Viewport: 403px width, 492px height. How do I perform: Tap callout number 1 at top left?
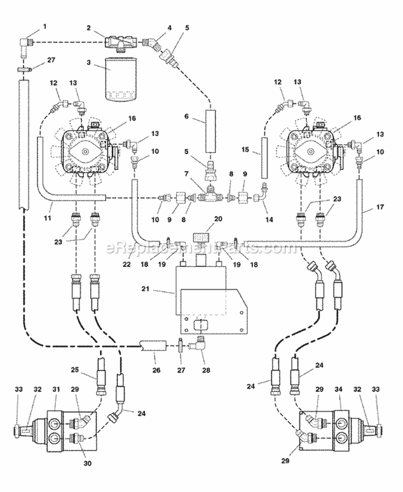click(x=45, y=26)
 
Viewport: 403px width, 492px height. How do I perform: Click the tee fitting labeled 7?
click(x=210, y=196)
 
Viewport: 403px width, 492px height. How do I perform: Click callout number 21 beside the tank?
click(x=146, y=288)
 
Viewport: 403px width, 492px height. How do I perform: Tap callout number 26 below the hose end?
click(x=156, y=370)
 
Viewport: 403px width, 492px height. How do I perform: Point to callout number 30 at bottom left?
click(x=88, y=463)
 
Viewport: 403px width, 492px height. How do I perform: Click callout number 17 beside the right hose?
click(x=380, y=207)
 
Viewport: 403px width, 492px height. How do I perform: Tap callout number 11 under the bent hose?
click(x=48, y=217)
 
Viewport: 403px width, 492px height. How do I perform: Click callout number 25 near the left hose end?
click(x=75, y=370)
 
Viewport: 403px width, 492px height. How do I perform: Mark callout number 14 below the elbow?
click(x=269, y=219)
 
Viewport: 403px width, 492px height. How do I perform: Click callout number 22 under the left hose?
click(x=127, y=264)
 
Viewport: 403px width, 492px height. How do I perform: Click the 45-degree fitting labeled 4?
click(x=152, y=44)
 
